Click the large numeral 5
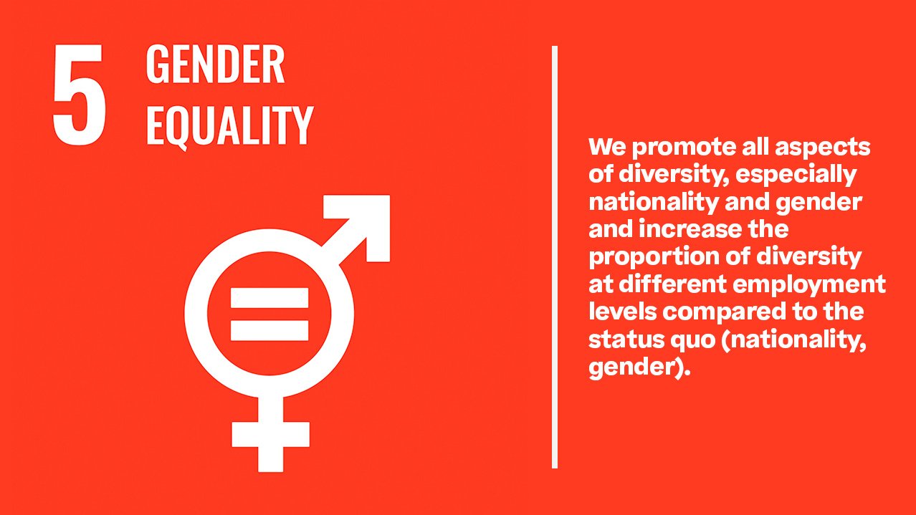tap(80, 95)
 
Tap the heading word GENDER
tap(215, 64)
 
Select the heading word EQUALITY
tap(230, 126)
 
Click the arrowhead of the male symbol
tap(362, 223)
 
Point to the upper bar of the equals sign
tap(269, 298)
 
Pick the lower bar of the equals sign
tap(269, 330)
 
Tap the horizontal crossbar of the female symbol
tap(270, 435)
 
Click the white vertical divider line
tap(555, 257)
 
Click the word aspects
tap(822, 148)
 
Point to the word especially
tap(796, 175)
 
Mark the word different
tap(673, 284)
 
